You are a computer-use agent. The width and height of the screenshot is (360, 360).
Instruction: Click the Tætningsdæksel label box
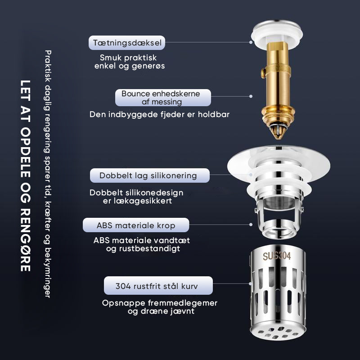tap(127, 43)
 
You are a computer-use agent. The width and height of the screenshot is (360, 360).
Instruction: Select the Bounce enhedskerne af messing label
tap(163, 98)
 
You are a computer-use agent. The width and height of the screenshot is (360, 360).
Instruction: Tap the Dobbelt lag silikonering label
tap(150, 175)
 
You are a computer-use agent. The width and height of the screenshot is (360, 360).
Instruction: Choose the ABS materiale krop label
tap(136, 225)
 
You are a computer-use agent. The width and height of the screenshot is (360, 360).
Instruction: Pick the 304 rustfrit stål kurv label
tap(158, 286)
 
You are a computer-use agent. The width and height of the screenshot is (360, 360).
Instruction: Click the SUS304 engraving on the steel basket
tap(277, 256)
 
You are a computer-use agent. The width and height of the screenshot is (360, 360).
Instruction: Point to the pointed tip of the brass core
tap(278, 138)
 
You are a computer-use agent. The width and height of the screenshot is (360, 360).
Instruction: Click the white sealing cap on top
tap(277, 33)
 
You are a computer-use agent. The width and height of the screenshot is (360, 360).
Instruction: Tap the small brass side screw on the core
tap(263, 73)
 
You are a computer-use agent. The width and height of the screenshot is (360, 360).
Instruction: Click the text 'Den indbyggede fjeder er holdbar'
tap(159, 114)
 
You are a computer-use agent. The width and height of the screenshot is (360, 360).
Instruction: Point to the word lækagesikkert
tap(137, 201)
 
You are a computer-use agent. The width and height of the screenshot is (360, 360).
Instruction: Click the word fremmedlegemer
tap(183, 303)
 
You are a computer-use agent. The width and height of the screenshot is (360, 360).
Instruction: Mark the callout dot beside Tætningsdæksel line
tap(251, 42)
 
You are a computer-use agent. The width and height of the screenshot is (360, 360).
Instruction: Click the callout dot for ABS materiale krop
tap(251, 225)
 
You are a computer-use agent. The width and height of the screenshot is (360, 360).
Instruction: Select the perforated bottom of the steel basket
tap(278, 332)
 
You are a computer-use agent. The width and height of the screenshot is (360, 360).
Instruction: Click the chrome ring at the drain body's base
tap(278, 229)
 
